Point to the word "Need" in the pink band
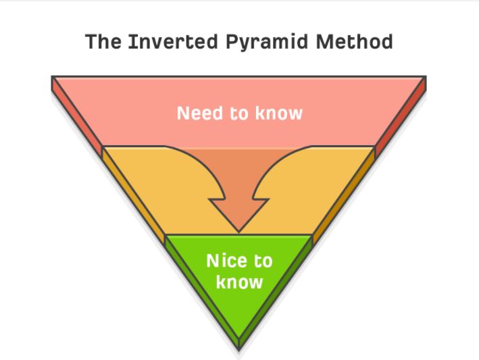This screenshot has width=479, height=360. tap(199, 113)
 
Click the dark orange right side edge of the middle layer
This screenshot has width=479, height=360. tap(345, 196)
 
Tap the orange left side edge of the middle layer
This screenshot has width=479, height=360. tap(132, 196)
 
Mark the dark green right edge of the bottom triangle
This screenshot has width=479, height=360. tap(277, 290)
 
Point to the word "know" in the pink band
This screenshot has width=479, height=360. tap(278, 113)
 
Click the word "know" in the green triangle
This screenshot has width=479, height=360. tap(239, 281)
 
